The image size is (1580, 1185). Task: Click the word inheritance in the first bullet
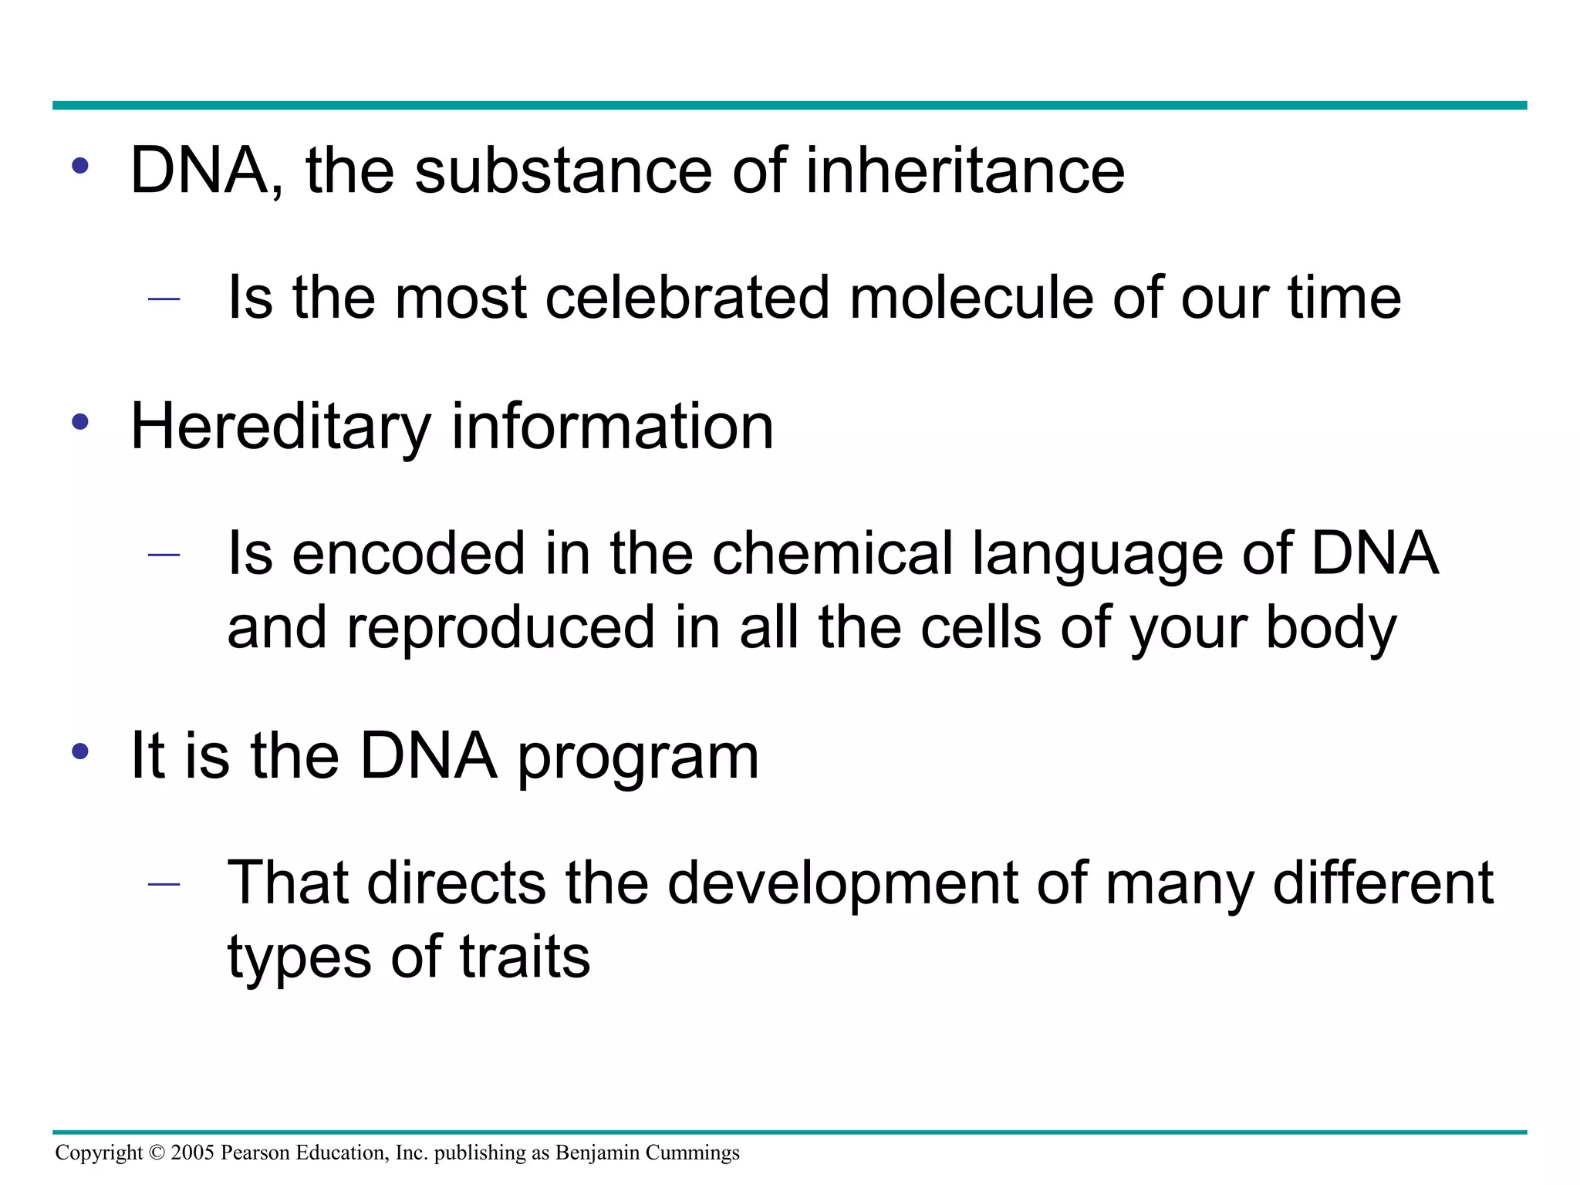click(964, 170)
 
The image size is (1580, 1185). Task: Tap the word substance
click(563, 170)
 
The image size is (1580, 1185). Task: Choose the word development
click(842, 884)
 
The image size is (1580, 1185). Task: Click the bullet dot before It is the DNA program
click(80, 752)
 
